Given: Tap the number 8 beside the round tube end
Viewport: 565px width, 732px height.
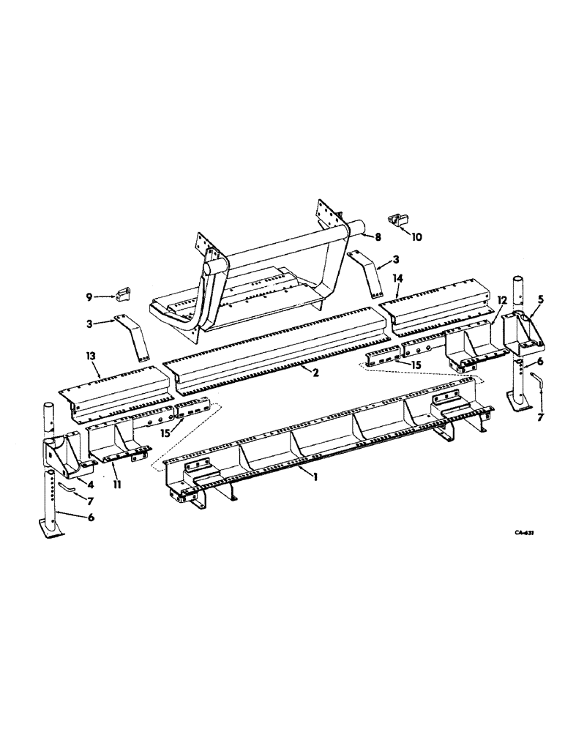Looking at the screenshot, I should click(378, 237).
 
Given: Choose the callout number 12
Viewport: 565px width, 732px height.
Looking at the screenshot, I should click(482, 300).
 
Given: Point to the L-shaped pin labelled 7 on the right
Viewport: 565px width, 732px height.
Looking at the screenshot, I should click(539, 383).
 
